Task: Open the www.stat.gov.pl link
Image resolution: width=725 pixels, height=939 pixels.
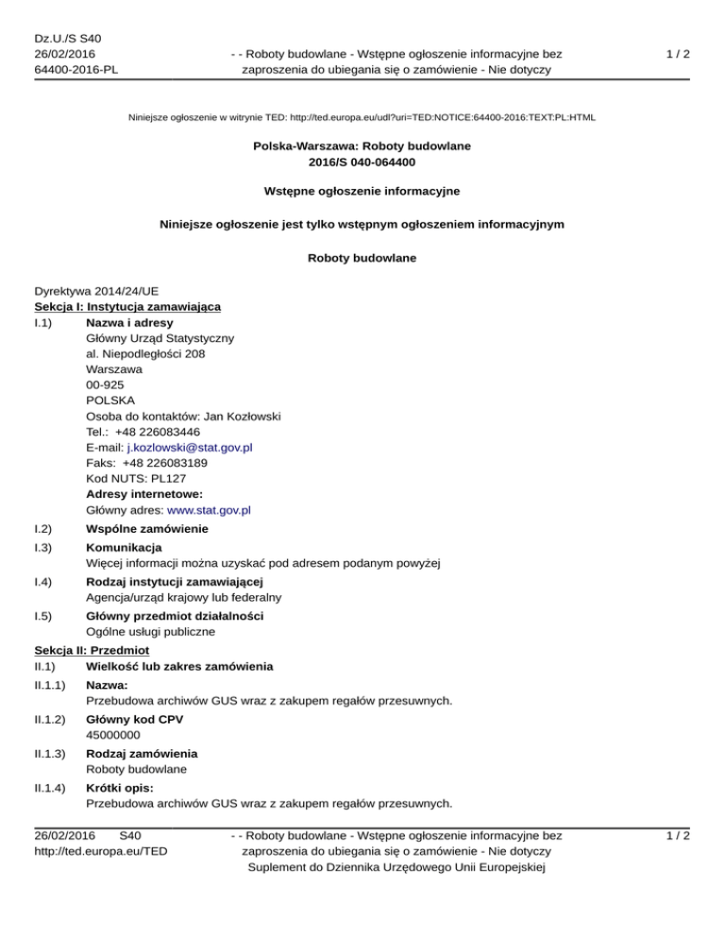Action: (208, 511)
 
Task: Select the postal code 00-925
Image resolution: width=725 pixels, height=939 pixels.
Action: (104, 384)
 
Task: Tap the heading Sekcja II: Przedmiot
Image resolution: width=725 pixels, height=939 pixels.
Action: (93, 652)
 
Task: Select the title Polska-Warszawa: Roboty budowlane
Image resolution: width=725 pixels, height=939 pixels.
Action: (362, 146)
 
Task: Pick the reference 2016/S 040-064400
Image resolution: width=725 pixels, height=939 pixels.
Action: (362, 162)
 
